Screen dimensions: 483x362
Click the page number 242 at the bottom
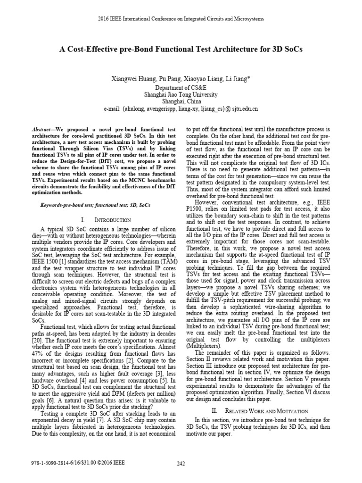(181, 463)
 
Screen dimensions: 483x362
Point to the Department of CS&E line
(181, 87)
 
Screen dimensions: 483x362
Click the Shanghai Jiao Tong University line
(181, 94)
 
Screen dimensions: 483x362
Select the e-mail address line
(181, 108)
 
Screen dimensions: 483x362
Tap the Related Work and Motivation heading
(260, 411)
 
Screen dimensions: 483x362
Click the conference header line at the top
(181, 19)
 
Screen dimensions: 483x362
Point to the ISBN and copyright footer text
(76, 463)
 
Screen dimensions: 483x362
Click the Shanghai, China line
(181, 101)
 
